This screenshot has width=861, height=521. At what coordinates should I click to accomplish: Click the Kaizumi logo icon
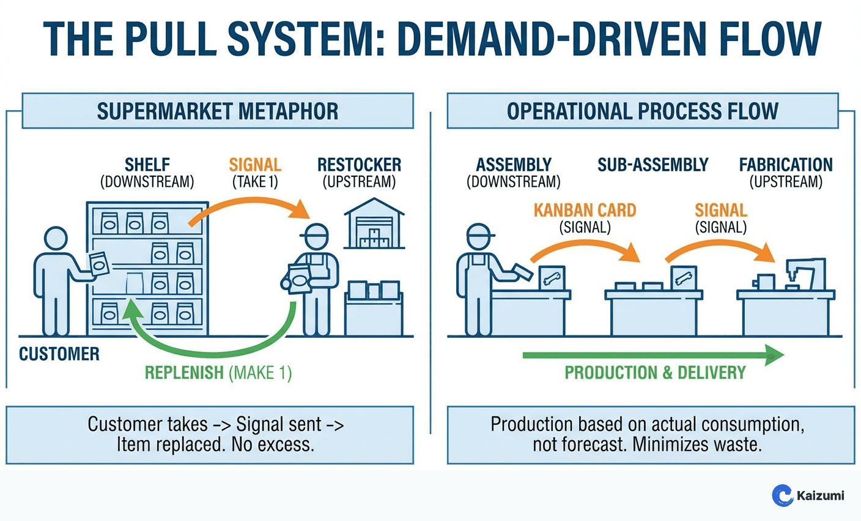(782, 495)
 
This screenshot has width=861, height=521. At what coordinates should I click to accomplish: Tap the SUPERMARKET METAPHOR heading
(217, 111)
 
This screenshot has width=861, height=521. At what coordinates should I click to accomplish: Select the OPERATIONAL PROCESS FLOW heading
(642, 111)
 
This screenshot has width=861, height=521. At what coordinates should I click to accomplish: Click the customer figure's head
(56, 238)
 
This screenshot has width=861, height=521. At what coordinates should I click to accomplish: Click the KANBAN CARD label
(585, 210)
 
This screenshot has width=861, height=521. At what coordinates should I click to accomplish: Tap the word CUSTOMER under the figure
(59, 354)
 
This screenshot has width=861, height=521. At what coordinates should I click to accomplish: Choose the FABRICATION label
(786, 165)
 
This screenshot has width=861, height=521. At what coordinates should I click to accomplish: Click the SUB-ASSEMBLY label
(652, 165)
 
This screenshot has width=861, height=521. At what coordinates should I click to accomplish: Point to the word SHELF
(147, 165)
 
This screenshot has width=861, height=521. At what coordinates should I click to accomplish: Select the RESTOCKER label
(359, 165)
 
